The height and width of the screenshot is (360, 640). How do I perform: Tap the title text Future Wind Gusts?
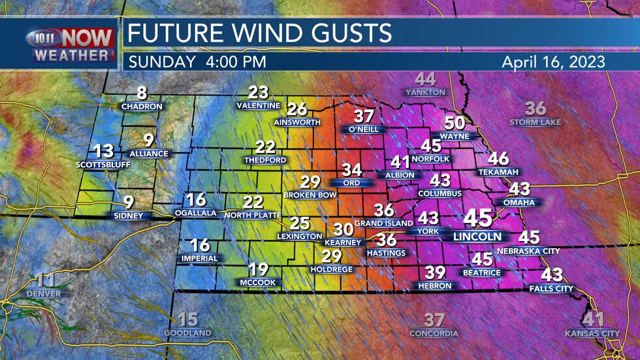[x=259, y=33]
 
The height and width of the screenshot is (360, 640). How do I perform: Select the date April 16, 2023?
[x=553, y=62]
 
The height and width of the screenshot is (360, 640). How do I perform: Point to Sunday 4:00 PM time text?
[x=196, y=62]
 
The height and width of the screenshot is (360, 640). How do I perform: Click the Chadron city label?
[x=142, y=106]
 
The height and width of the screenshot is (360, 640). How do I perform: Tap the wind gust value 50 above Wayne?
[x=455, y=123]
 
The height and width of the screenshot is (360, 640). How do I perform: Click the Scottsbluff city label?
[x=103, y=164]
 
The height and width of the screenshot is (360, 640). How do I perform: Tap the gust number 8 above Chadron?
[x=142, y=93]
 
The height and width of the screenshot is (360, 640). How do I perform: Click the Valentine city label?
[x=258, y=106]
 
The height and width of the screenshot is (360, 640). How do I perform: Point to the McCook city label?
[x=258, y=282]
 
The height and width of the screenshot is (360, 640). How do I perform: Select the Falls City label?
[x=552, y=288]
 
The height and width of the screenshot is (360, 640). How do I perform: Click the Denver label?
[x=44, y=294]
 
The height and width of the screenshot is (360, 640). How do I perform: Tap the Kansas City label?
[x=592, y=334]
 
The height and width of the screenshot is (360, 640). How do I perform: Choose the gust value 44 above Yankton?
[x=425, y=80]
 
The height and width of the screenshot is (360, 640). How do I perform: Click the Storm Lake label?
[x=536, y=122]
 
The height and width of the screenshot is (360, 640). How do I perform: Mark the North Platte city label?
[x=253, y=215]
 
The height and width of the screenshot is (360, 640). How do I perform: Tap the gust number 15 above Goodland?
[x=187, y=319]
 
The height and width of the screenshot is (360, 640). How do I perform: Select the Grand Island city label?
[x=383, y=223]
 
